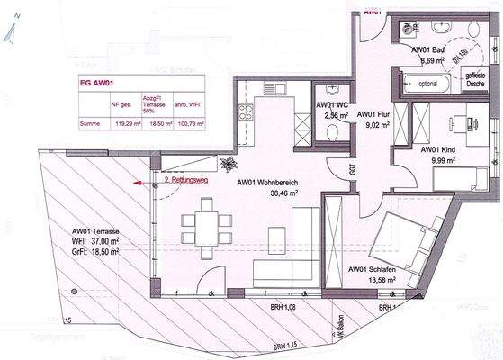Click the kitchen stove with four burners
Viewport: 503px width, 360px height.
tap(246, 114)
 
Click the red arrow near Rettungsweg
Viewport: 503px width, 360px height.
tap(138, 182)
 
